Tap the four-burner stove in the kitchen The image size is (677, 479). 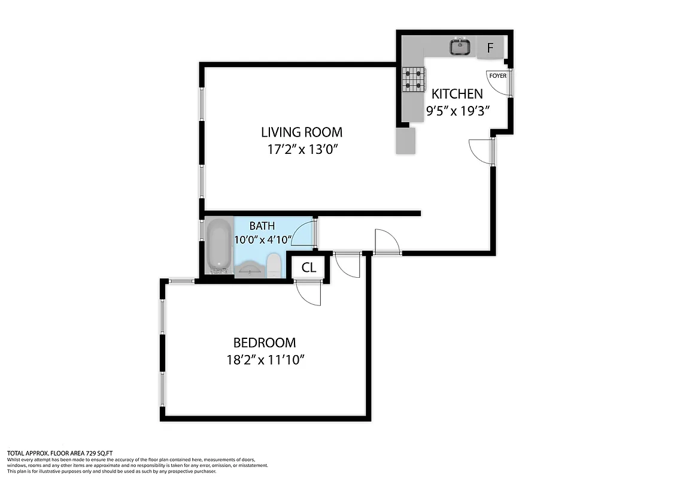pyautogui.click(x=414, y=78)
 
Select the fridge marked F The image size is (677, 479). pyautogui.click(x=490, y=48)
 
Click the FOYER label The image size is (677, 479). pyautogui.click(x=497, y=76)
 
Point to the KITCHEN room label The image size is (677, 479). pyautogui.click(x=457, y=94)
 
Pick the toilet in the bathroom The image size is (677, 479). pyautogui.click(x=274, y=265)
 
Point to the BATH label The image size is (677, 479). pyautogui.click(x=262, y=226)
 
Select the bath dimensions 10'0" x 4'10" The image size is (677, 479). pyautogui.click(x=263, y=240)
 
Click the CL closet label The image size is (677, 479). pyautogui.click(x=308, y=268)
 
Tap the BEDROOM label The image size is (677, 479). pyautogui.click(x=264, y=343)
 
